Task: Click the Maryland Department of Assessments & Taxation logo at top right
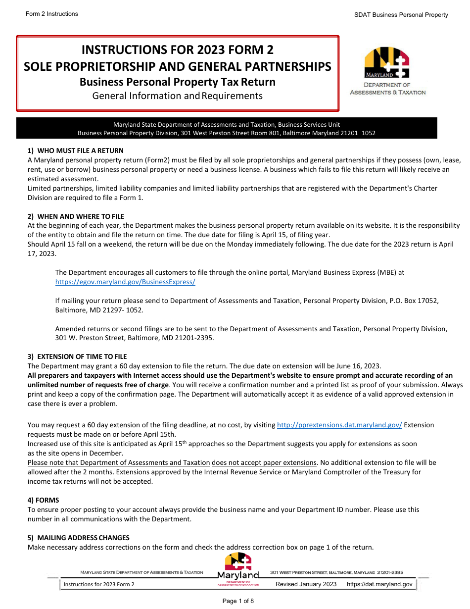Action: point(387,70)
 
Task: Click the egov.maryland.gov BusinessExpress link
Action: point(125,282)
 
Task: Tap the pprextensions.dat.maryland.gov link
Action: point(339,425)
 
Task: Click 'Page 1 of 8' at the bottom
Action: point(238,601)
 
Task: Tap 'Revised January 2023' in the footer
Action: point(306,584)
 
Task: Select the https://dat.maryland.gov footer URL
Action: point(379,584)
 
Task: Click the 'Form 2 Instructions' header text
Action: point(52,14)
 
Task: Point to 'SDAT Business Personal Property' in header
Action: point(401,15)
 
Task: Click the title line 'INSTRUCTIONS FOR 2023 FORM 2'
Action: point(177,50)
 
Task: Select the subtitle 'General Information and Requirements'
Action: point(177,96)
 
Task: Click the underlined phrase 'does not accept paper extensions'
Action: point(264,462)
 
